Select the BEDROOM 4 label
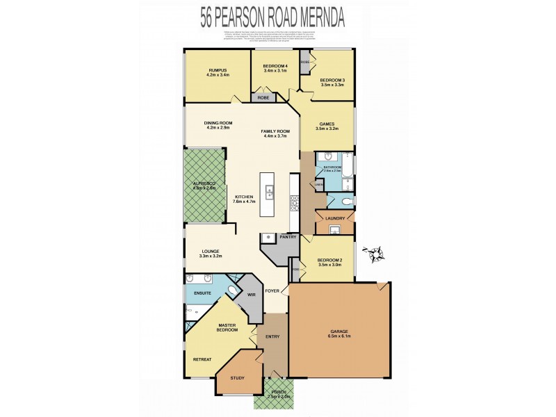tap(275, 67)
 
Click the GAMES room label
tap(326, 126)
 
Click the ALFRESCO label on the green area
tap(204, 185)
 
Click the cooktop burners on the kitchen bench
tap(294, 202)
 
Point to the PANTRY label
tap(288, 237)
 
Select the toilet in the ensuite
tap(231, 292)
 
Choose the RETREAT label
tap(202, 359)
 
